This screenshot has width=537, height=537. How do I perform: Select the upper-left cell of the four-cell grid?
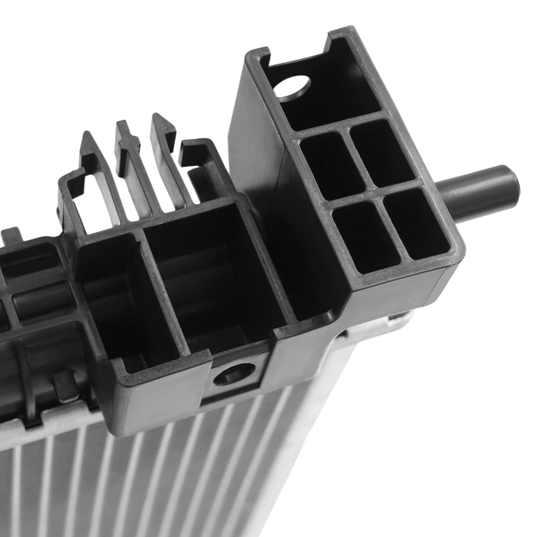331,165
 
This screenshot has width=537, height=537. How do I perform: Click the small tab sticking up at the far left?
11,235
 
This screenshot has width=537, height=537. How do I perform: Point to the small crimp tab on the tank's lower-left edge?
64,386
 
